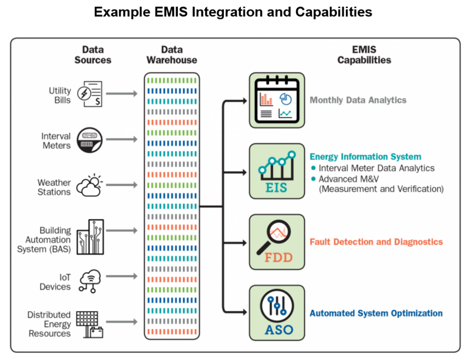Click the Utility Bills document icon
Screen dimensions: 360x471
89,94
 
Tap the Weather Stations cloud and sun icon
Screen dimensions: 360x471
89,185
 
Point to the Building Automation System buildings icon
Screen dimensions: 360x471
90,237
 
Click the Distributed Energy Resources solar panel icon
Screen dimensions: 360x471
89,324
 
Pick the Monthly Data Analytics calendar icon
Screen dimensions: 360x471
276,100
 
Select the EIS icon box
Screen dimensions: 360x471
276,171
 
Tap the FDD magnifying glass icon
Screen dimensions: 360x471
276,242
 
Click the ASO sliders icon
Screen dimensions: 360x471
276,312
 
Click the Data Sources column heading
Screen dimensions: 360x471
93,55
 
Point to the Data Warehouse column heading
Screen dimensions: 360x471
171,55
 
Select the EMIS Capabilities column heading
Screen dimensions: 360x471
364,55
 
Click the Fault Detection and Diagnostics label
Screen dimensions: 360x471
376,242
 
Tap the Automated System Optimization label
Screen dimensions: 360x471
376,313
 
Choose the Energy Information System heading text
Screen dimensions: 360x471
365,156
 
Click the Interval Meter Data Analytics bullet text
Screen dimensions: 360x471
376,168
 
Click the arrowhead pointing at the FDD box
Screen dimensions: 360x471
243,242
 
